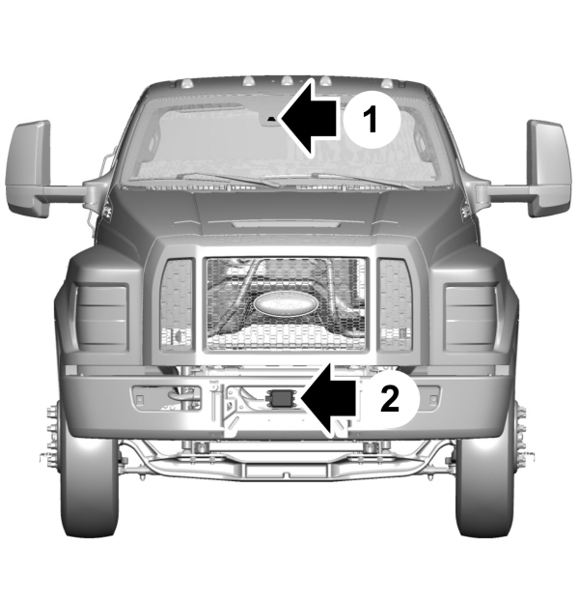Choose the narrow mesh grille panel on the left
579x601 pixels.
176,303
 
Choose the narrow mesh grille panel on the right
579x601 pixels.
396,303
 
